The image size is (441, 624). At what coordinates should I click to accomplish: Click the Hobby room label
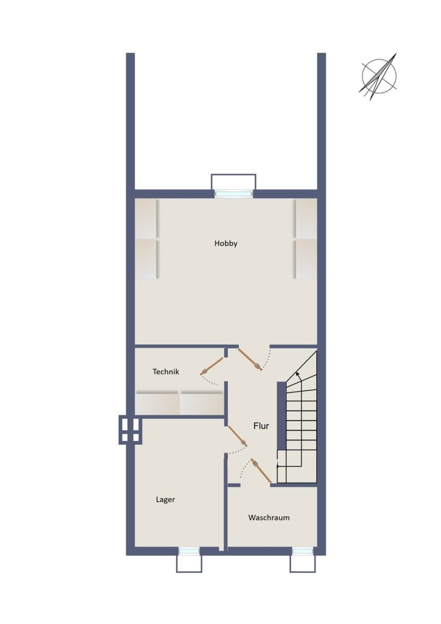(226, 243)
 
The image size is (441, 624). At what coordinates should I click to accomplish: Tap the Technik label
(166, 372)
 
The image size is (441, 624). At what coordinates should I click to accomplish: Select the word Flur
(261, 426)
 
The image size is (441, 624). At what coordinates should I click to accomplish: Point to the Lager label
(165, 500)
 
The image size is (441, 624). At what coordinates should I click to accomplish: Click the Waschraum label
(269, 517)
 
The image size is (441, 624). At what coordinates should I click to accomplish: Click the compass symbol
(379, 76)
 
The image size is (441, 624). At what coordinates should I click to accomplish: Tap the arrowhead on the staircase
(298, 374)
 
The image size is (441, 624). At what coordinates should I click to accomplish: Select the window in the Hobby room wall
(234, 193)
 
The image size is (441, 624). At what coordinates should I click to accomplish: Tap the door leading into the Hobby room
(250, 359)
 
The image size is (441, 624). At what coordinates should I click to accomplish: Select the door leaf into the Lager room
(237, 436)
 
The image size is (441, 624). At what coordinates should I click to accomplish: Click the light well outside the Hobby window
(233, 182)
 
